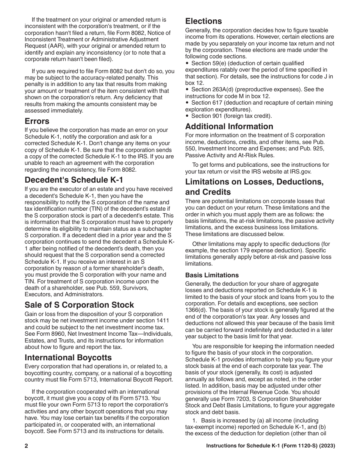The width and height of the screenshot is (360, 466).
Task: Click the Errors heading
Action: (37, 121)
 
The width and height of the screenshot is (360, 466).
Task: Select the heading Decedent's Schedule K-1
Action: (74, 180)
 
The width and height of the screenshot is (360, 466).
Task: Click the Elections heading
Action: (203, 21)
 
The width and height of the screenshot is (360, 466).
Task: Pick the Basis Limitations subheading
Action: (212, 275)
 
